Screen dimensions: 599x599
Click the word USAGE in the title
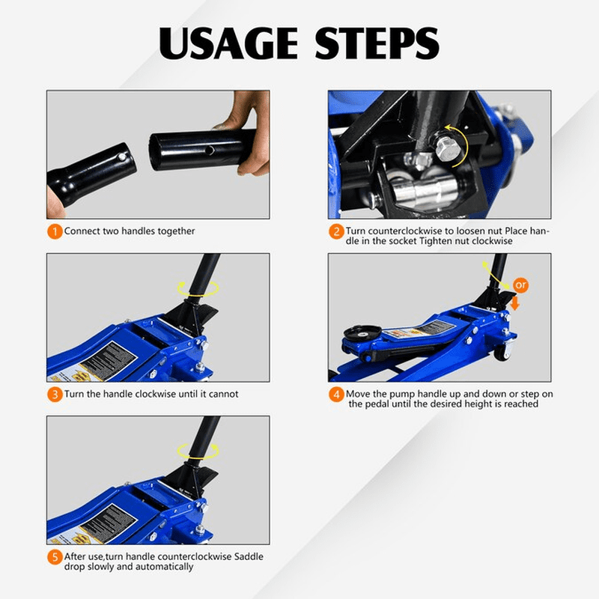[x=228, y=43]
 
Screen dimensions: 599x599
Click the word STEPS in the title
[x=377, y=43]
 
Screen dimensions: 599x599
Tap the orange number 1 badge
[x=55, y=231]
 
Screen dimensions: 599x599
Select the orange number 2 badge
[x=336, y=231]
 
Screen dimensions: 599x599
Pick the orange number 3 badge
[x=55, y=395]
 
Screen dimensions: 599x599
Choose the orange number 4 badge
[x=336, y=395]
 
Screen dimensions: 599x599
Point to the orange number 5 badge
[x=55, y=557]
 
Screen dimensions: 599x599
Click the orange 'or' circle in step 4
[x=520, y=285]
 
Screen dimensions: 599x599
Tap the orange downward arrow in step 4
[x=515, y=304]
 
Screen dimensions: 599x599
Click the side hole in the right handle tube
[x=210, y=150]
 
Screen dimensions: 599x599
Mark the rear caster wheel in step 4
[x=503, y=350]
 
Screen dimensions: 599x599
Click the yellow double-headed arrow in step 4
[x=496, y=276]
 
